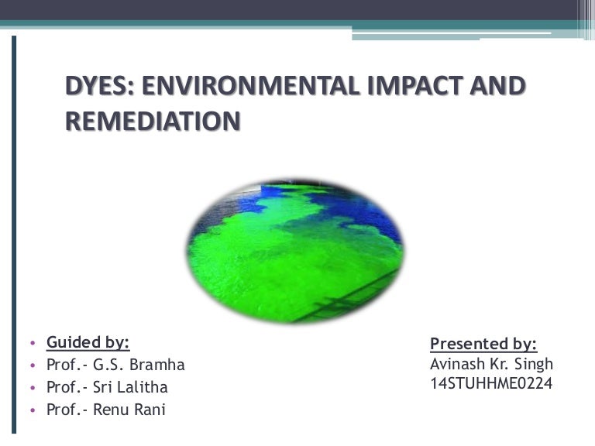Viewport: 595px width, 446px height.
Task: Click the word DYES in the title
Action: pyautogui.click(x=97, y=86)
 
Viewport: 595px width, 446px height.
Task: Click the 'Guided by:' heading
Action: pyautogui.click(x=88, y=342)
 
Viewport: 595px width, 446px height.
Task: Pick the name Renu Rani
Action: pyautogui.click(x=129, y=410)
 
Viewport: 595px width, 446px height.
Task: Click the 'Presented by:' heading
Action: pyautogui.click(x=483, y=344)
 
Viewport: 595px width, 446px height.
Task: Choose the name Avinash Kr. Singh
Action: pyautogui.click(x=491, y=363)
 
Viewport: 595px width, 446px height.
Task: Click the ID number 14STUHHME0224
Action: pyautogui.click(x=491, y=383)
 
